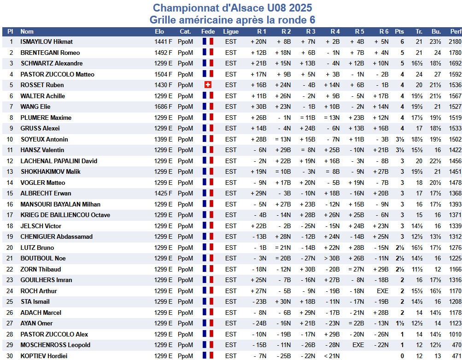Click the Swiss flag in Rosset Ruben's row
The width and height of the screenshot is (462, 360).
(x=208, y=85)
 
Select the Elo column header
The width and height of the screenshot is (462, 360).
(x=159, y=31)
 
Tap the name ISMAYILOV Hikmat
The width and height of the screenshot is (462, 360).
(x=47, y=41)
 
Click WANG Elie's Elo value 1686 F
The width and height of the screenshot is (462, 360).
(x=163, y=107)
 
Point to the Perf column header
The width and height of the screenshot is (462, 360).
(x=456, y=31)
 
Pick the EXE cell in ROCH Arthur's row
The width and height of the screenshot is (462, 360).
(x=382, y=291)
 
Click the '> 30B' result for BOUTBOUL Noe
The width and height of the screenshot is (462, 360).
(x=332, y=258)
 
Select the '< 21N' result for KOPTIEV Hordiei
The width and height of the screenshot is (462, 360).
(x=332, y=356)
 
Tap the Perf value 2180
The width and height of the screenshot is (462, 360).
(x=455, y=41)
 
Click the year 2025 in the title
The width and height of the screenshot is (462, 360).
(x=300, y=8)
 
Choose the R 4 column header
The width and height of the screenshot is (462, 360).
(x=335, y=31)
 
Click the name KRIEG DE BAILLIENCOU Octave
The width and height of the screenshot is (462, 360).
(x=65, y=215)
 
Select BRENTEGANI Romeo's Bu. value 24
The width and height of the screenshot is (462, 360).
(x=438, y=53)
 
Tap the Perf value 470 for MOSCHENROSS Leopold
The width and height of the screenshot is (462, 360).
(x=457, y=345)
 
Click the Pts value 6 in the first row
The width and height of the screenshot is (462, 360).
(x=402, y=41)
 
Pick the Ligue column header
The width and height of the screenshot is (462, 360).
(x=231, y=31)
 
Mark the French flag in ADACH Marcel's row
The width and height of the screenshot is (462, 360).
(x=208, y=312)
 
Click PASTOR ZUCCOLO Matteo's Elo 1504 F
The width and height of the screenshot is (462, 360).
(x=163, y=74)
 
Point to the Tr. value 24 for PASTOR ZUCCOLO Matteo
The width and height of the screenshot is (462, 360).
(x=419, y=74)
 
